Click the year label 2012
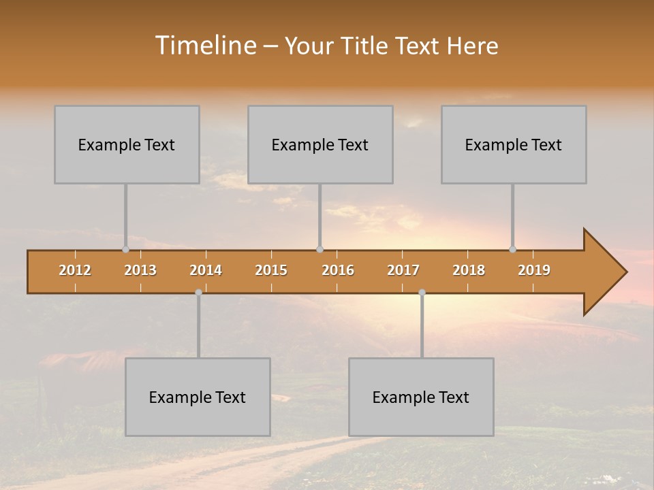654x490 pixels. click(75, 270)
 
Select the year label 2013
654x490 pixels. click(140, 270)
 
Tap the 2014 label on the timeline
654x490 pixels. click(206, 270)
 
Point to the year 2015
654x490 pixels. click(271, 270)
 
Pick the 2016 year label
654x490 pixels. click(338, 270)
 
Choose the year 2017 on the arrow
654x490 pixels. click(403, 270)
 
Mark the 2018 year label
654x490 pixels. click(469, 270)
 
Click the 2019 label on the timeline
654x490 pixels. click(534, 270)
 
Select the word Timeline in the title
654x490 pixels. click(204, 46)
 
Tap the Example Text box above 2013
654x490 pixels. click(127, 144)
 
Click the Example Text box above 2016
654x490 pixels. click(320, 144)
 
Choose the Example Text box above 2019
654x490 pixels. click(514, 144)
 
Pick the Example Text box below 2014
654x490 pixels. click(198, 397)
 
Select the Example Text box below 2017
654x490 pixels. click(421, 397)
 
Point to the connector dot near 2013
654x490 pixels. click(125, 249)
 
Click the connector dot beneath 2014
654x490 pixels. click(198, 293)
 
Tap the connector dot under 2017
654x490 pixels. click(422, 293)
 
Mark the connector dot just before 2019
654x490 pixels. click(512, 249)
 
